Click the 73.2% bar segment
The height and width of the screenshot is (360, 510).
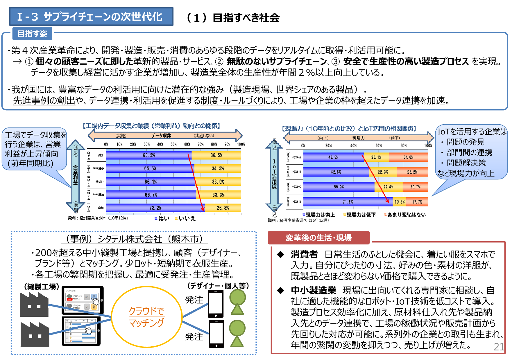tap(155, 208)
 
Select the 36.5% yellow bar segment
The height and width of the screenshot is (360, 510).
tap(216, 155)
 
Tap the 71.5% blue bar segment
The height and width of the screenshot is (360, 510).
tap(348, 202)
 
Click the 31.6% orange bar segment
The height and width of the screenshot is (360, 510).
tap(408, 157)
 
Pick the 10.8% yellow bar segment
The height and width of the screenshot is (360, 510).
tap(399, 202)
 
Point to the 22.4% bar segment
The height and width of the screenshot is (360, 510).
tap(388, 187)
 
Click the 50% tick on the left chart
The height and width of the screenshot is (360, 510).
tap(173, 144)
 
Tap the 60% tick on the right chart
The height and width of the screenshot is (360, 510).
tap(378, 145)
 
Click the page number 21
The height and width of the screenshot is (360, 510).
tap(499, 347)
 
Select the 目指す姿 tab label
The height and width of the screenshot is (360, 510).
tap(32, 34)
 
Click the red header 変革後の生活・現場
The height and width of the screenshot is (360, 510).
tap(318, 238)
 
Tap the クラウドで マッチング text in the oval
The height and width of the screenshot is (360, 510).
tap(146, 317)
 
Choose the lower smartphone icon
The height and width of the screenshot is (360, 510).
tap(216, 334)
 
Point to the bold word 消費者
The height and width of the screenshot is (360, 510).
tap(304, 254)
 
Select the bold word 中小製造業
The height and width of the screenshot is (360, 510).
tap(314, 290)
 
